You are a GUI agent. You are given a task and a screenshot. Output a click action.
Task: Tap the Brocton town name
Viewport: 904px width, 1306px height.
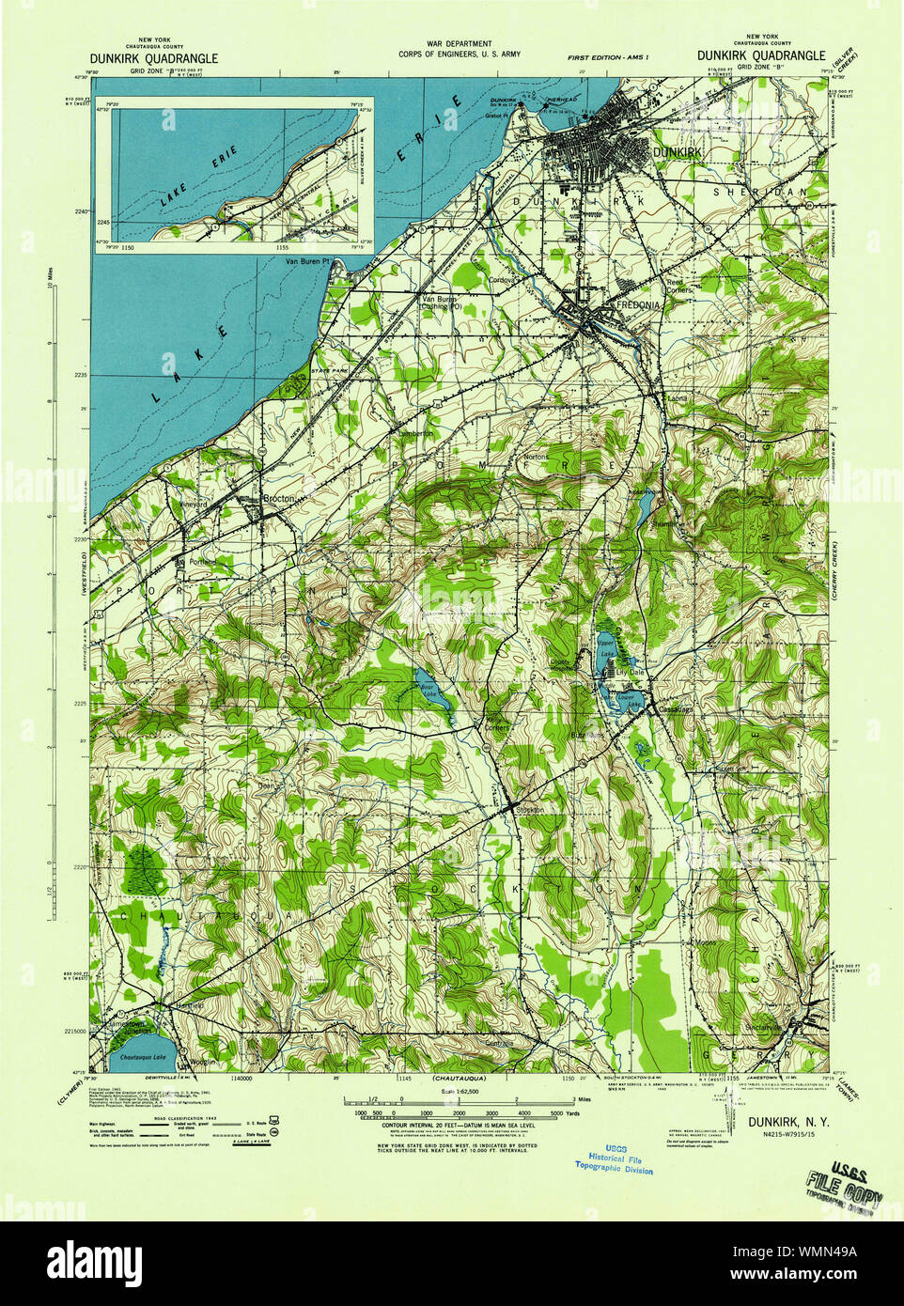(279, 498)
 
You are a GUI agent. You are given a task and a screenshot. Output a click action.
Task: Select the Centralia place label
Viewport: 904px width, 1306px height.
(499, 1043)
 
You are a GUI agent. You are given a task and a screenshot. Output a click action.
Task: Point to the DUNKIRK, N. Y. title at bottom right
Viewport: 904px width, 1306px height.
(788, 1120)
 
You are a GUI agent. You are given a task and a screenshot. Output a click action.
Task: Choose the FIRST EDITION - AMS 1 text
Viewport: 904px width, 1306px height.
(608, 57)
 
